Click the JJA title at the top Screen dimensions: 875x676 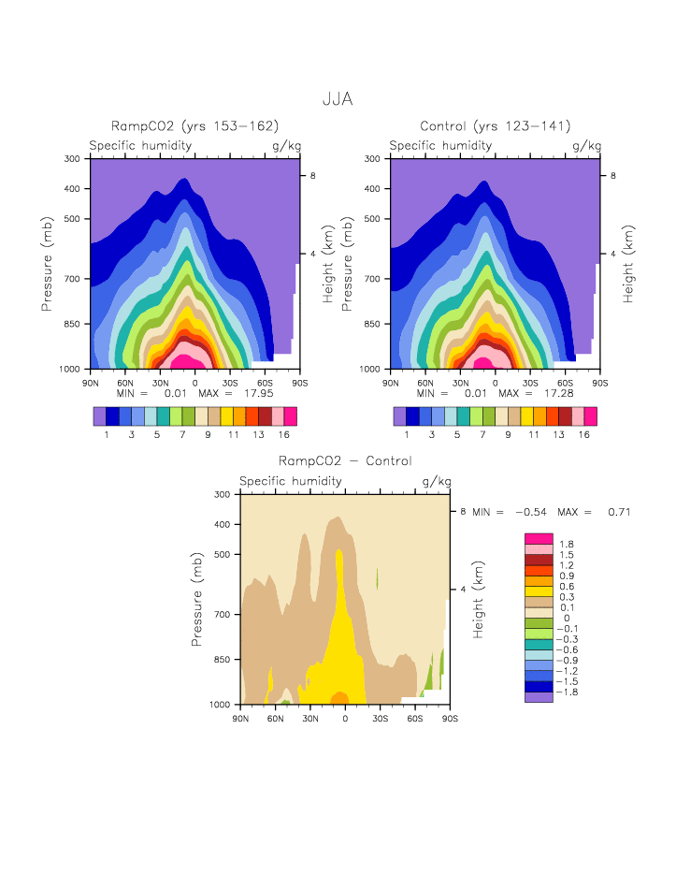tap(337, 98)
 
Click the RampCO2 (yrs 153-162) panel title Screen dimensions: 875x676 tap(195, 126)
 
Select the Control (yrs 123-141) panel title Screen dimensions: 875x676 tap(496, 126)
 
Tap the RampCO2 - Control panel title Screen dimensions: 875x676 tap(345, 460)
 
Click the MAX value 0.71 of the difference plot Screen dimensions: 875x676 tap(618, 512)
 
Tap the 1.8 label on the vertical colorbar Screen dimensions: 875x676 tap(567, 544)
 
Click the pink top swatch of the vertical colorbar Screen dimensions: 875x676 tap(539, 538)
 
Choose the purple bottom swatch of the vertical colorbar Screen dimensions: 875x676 tap(539, 696)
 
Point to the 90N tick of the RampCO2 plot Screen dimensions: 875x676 tap(91, 382)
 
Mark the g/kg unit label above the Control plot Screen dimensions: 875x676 tap(587, 146)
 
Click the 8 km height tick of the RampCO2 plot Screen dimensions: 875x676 tap(314, 176)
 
